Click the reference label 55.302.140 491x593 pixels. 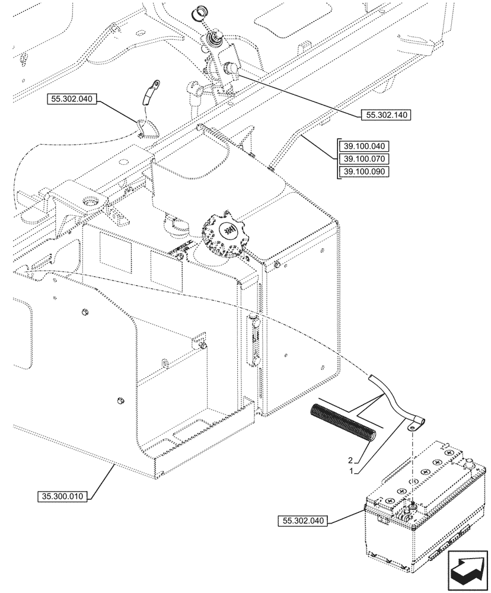tap(385, 115)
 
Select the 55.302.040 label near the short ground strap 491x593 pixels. tap(70, 100)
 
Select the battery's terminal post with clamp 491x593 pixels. tap(409, 508)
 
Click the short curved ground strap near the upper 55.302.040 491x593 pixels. tap(145, 95)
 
